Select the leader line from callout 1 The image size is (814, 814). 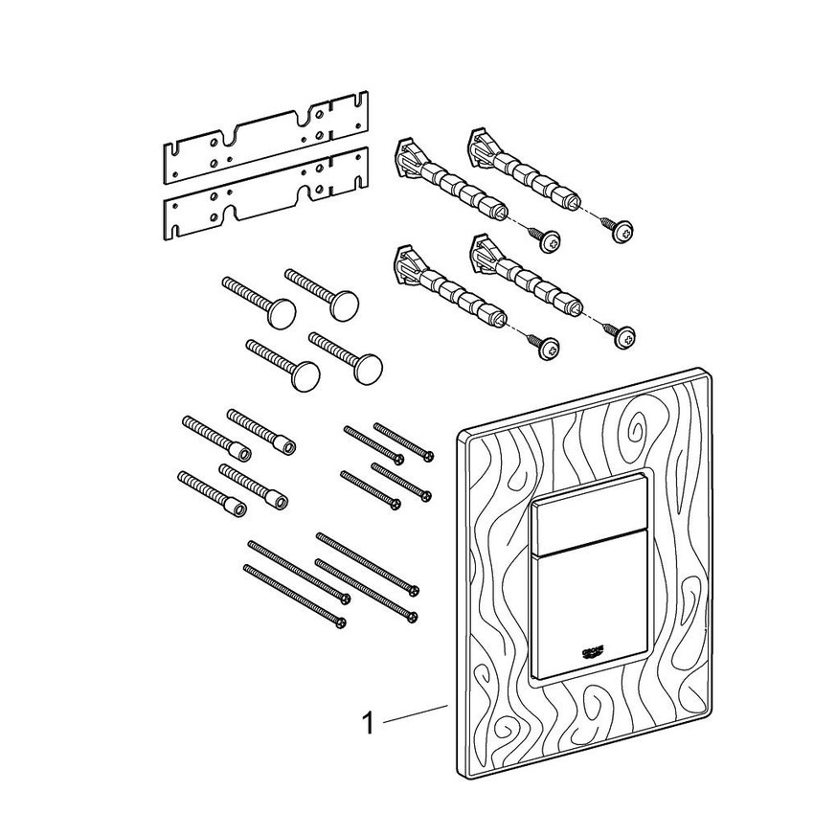point(416,714)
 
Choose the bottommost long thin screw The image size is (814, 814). point(295,597)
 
